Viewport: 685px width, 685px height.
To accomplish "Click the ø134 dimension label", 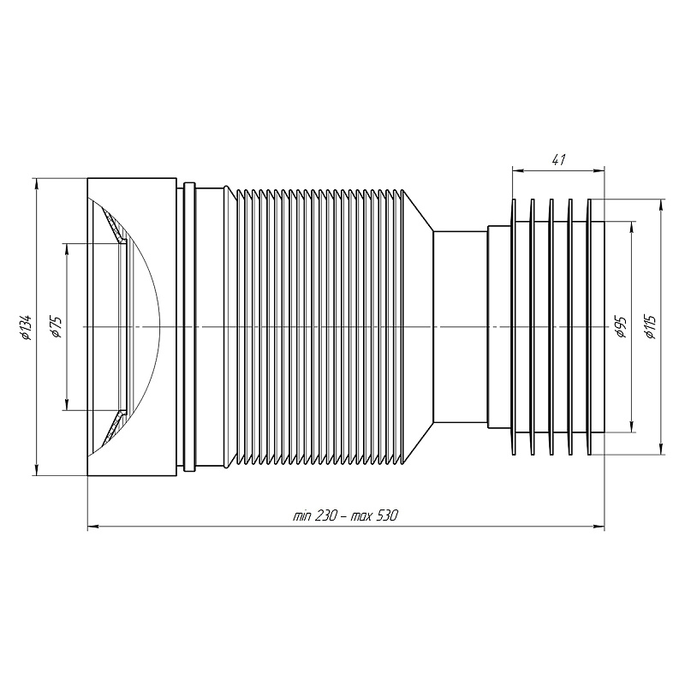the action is tap(27, 327).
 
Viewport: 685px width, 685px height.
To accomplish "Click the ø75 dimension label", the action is tap(57, 327).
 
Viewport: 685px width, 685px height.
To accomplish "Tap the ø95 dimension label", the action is tap(622, 327).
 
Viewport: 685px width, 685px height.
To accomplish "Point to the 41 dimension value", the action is tap(559, 160).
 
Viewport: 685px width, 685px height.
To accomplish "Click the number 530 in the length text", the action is tap(386, 516).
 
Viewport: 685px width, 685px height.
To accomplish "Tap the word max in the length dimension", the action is tap(360, 517).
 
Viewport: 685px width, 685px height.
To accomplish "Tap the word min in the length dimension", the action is tap(301, 517).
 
